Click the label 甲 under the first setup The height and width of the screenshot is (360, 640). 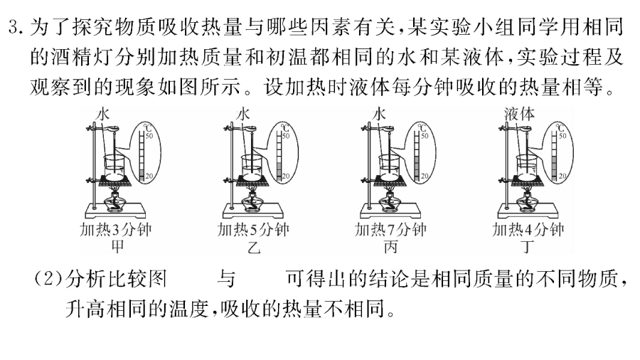tap(117, 247)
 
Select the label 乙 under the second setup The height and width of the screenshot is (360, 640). tap(254, 247)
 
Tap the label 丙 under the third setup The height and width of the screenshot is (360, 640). tap(390, 247)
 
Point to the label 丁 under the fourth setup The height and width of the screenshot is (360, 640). tap(528, 247)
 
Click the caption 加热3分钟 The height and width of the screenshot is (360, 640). tap(116, 230)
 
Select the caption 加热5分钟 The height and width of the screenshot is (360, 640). tap(253, 230)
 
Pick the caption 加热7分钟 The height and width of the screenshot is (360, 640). tap(390, 230)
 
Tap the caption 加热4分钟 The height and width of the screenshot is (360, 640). tap(528, 230)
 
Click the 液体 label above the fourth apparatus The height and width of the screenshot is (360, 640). tap(519, 114)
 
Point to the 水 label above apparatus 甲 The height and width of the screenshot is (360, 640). tap(102, 114)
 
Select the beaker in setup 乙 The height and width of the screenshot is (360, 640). tap(253, 167)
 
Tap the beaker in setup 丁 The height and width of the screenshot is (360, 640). tap(528, 167)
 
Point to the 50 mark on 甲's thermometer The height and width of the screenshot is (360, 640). tap(149, 135)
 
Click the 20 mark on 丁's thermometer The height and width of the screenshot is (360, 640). tap(562, 176)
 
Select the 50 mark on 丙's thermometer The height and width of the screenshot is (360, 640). tap(425, 135)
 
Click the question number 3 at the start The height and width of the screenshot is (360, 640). tap(16, 28)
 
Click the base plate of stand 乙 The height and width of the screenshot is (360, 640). tap(253, 211)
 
